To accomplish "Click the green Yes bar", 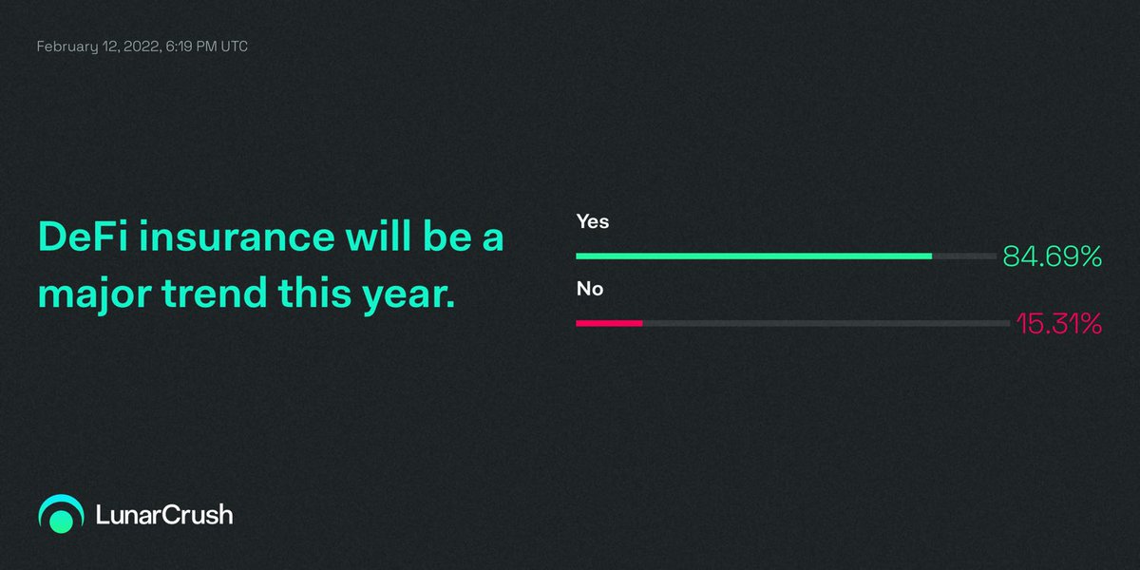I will [x=753, y=256].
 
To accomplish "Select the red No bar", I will [x=609, y=324].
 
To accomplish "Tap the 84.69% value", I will [x=1052, y=256].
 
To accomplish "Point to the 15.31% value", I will [x=1058, y=324].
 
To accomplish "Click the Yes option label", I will [x=592, y=221].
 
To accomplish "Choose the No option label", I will [x=589, y=289].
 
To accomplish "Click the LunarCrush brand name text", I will [x=164, y=515].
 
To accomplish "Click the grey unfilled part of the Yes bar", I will [x=964, y=256].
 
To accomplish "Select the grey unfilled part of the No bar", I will [x=826, y=324].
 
